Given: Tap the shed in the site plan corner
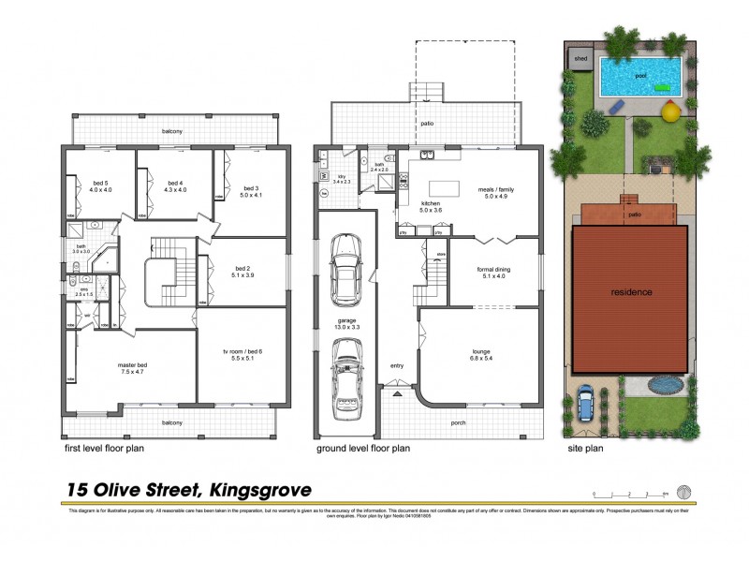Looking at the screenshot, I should [x=580, y=58].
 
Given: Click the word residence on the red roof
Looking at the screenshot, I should [x=632, y=292].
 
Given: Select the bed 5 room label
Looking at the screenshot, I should [x=101, y=186].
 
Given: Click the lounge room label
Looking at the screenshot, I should [x=481, y=354].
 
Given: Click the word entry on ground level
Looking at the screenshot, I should [x=397, y=366].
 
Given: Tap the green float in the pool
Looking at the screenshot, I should [x=662, y=87].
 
